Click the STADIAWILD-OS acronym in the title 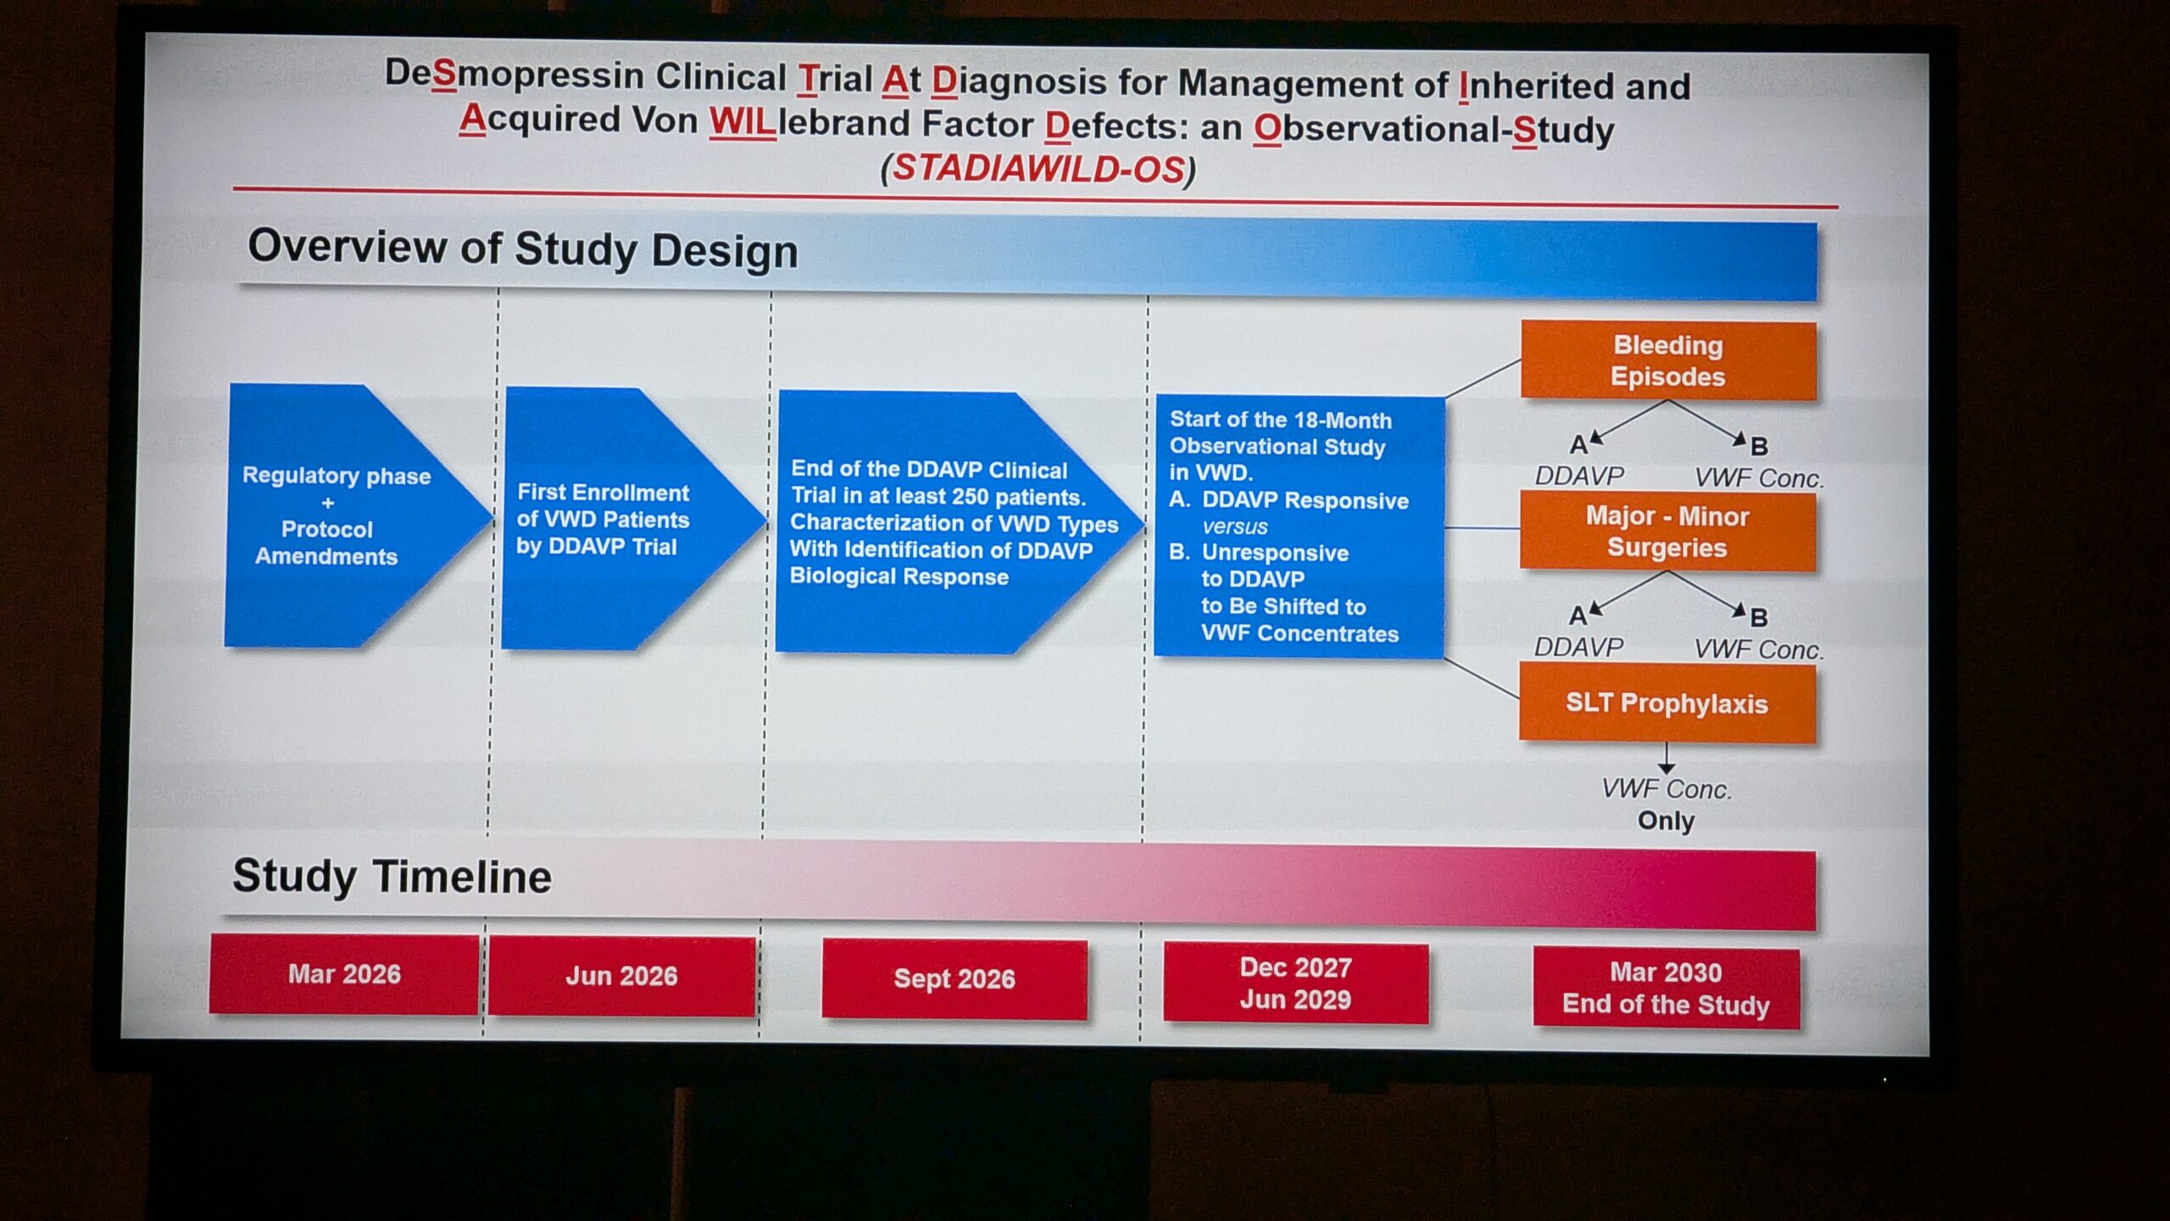1038,169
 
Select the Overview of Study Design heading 523,249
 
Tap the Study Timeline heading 392,876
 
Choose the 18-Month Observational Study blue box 1299,527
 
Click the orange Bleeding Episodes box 1668,360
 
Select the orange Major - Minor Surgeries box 1667,532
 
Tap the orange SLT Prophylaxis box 1666,703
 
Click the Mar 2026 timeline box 344,974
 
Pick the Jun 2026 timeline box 621,976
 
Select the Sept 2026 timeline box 954,978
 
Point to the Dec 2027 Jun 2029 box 1295,984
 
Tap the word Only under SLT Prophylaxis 1666,821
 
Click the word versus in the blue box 1234,527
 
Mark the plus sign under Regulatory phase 328,503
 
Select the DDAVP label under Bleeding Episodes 1579,476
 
